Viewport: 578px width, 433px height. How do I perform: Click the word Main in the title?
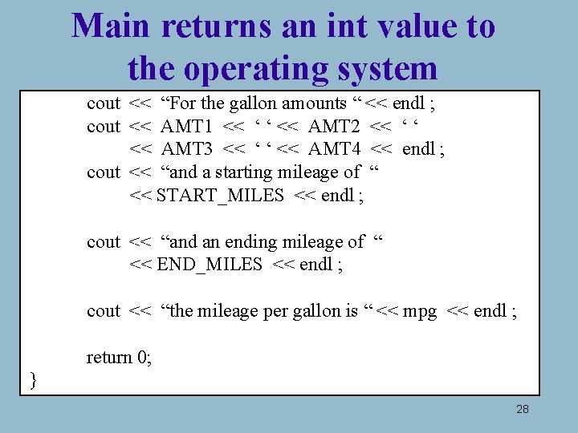pos(111,26)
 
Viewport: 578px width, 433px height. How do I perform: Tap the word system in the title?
pos(389,70)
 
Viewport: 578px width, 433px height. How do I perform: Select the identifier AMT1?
pos(187,126)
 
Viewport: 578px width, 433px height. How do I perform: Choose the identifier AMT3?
pos(187,149)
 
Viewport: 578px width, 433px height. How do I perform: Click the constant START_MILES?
pos(220,196)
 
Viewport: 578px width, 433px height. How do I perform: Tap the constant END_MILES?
pos(210,265)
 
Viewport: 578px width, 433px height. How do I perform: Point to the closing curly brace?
pos(33,379)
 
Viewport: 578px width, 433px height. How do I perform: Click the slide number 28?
pos(522,410)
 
